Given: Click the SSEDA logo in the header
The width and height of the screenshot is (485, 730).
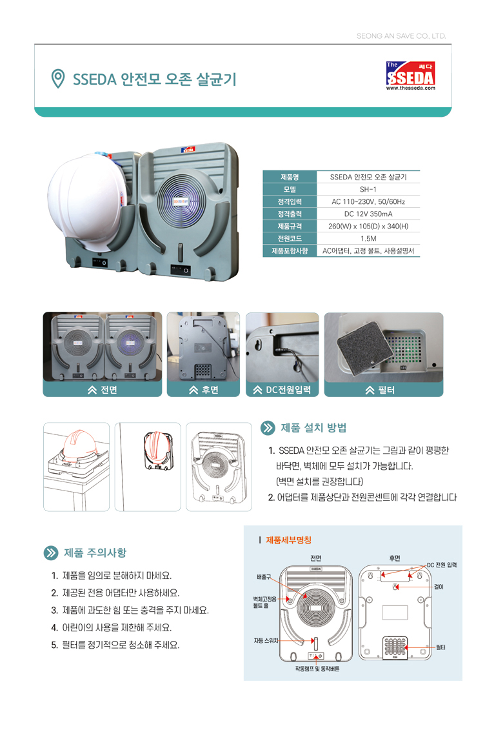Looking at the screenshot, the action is [411, 76].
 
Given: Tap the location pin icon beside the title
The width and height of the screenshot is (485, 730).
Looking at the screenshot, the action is [57, 79].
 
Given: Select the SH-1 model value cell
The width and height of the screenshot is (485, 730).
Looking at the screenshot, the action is [368, 190].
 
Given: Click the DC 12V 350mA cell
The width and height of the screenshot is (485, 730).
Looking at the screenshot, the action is [368, 214].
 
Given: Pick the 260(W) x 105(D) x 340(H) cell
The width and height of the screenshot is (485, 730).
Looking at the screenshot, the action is [368, 227].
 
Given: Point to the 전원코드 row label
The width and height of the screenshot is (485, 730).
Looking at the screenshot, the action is [290, 238].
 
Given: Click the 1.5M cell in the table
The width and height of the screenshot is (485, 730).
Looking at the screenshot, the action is [368, 238].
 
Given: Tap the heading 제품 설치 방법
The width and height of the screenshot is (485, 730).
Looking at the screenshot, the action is [313, 428].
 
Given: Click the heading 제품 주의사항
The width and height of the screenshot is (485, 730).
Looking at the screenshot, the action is [95, 553].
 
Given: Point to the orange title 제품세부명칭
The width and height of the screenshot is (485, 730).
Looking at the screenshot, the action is [289, 540].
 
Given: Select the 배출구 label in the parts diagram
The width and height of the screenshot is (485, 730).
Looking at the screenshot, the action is [264, 577].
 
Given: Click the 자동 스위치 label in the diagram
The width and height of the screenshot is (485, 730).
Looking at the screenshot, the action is [266, 641].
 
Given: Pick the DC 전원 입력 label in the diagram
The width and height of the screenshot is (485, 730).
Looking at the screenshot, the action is [442, 565].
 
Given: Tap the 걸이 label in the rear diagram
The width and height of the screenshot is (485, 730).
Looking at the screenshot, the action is [439, 587].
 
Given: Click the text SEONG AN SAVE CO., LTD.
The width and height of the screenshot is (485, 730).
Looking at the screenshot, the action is [401, 36].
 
